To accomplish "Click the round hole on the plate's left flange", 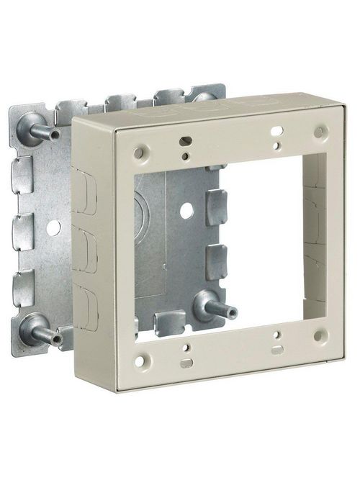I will click(53, 226).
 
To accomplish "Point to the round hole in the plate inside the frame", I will click(186, 212).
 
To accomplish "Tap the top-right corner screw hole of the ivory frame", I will click(318, 132).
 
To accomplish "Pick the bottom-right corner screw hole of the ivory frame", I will click(318, 335).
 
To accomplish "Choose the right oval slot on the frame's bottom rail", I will click(276, 349).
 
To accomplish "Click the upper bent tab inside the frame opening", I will click(215, 206).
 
